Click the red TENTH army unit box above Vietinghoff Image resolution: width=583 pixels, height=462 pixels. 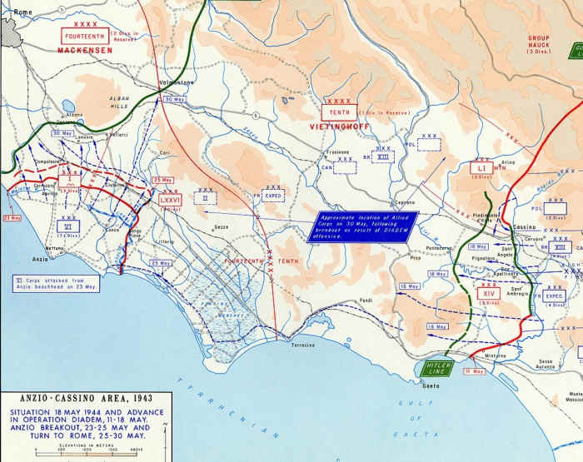tap(339, 112)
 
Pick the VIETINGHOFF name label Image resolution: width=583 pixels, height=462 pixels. tap(339, 127)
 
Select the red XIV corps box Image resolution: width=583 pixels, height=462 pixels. tap(487, 294)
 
